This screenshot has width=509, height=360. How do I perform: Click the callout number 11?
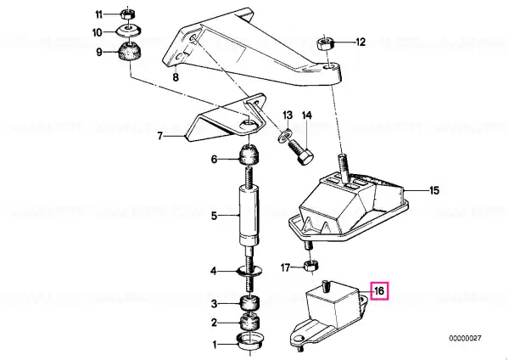(98, 14)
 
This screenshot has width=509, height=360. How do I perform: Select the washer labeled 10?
(129, 31)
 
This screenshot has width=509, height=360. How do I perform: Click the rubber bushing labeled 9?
(129, 53)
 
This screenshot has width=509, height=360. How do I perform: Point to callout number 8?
(176, 77)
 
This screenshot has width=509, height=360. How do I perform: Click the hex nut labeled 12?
(325, 43)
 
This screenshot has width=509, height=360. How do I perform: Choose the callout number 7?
(159, 136)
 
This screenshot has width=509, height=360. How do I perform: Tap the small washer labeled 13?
(283, 135)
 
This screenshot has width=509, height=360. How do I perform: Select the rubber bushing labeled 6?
(249, 155)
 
